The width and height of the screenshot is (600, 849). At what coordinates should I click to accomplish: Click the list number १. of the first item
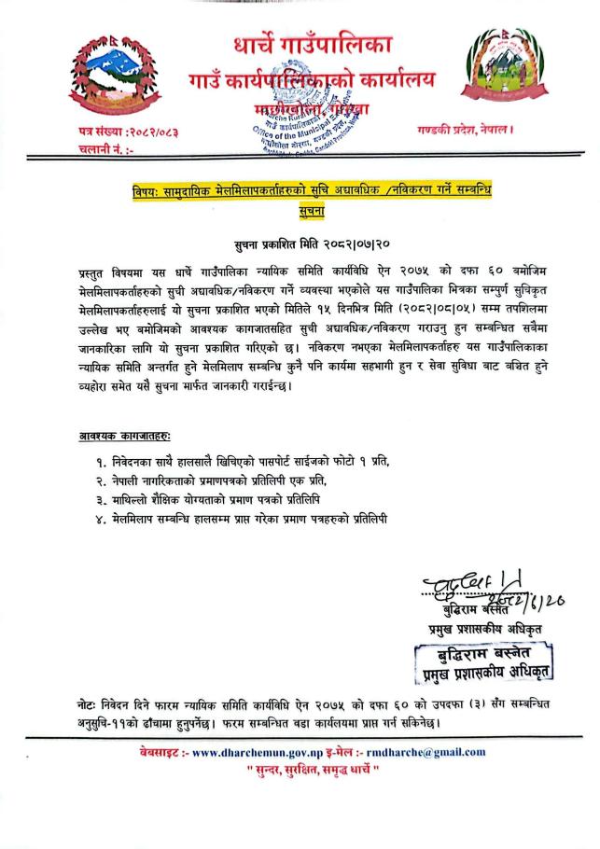point(99,462)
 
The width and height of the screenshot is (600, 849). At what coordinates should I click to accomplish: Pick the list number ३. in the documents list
point(99,498)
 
